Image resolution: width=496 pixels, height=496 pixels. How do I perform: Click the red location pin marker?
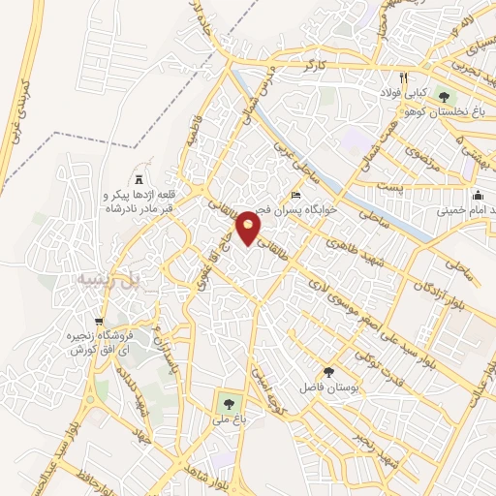pyautogui.click(x=250, y=227)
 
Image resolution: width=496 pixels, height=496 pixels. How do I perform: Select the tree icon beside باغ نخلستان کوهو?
pyautogui.click(x=444, y=97)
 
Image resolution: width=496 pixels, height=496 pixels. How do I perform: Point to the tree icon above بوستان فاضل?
pyautogui.click(x=329, y=372)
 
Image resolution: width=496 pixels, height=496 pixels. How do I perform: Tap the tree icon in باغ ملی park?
pyautogui.click(x=229, y=401)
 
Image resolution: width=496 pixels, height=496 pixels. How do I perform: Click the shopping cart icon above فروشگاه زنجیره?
pyautogui.click(x=99, y=322)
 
